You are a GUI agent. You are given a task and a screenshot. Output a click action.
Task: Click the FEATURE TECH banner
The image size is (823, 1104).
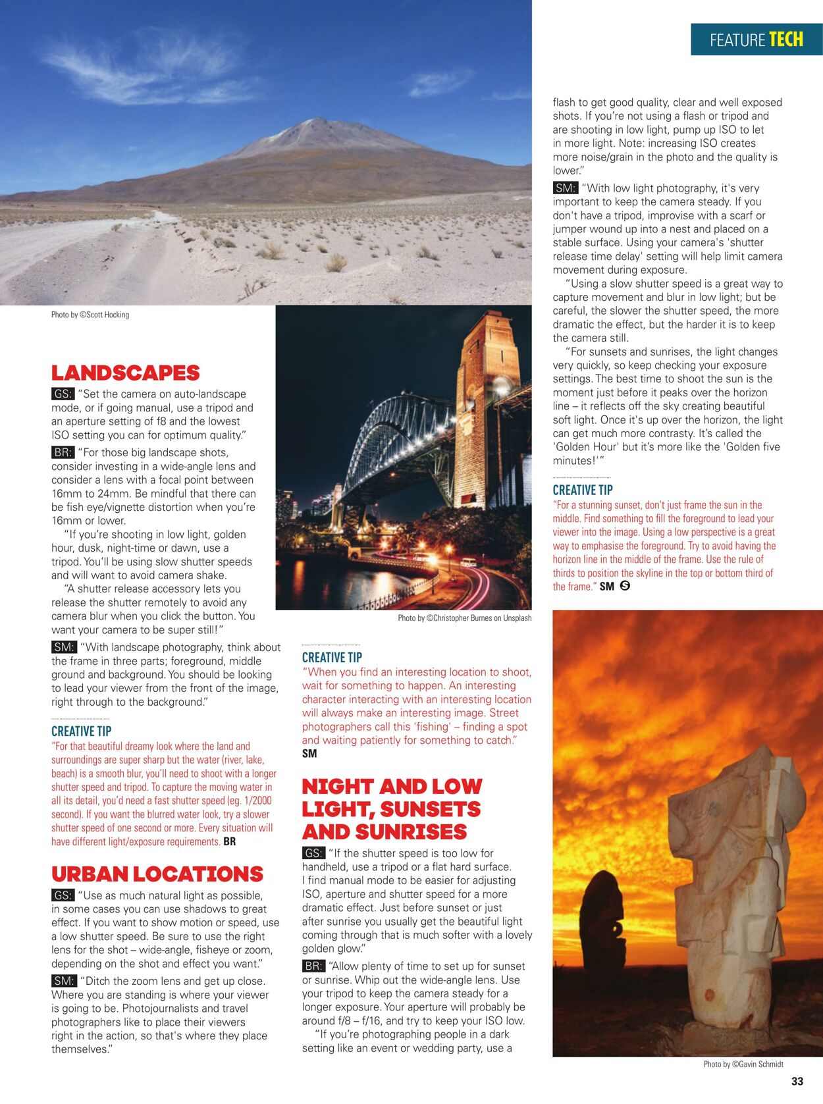(756, 39)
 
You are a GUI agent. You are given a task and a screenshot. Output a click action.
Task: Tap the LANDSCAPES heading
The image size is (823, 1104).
(125, 373)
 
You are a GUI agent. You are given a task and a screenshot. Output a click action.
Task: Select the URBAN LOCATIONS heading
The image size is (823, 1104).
(157, 874)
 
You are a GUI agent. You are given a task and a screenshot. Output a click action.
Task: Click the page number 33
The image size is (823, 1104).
(797, 1081)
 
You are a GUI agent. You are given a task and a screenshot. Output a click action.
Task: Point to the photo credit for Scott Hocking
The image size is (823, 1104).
(90, 315)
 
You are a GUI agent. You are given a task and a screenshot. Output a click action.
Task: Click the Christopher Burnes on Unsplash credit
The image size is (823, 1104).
(464, 618)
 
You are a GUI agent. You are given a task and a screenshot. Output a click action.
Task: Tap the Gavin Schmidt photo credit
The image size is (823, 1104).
(743, 1064)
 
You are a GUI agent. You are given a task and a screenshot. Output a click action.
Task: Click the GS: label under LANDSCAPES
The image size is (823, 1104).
(63, 394)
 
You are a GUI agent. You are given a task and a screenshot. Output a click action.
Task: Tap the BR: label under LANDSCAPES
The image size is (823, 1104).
(63, 452)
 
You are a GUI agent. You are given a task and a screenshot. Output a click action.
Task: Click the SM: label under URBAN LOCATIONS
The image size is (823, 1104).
(64, 981)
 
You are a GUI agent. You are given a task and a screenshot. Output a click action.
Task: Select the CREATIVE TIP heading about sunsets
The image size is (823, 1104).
(582, 490)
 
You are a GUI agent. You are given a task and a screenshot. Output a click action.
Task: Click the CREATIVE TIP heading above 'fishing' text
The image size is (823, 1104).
(332, 657)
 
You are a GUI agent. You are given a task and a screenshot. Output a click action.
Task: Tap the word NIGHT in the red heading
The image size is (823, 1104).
(337, 786)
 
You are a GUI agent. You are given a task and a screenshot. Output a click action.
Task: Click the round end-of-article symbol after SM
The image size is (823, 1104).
(625, 585)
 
